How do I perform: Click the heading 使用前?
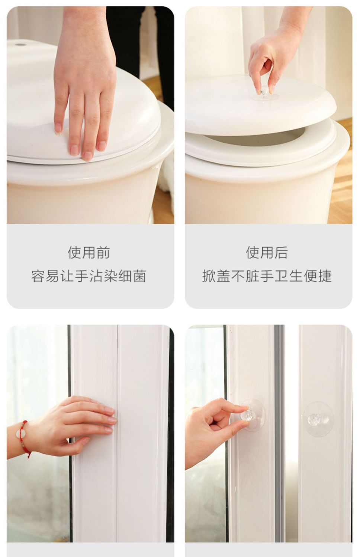click(x=89, y=252)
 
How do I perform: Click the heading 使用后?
click(x=267, y=252)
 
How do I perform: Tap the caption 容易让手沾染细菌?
click(x=89, y=276)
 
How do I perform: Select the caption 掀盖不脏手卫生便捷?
click(x=267, y=276)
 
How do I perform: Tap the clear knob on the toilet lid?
click(x=265, y=93)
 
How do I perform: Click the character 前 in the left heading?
click(x=103, y=252)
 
